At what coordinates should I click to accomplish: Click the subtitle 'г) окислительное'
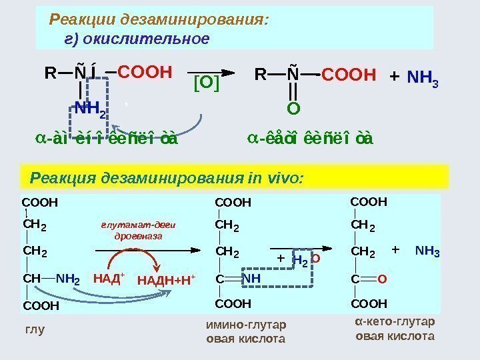click(x=136, y=39)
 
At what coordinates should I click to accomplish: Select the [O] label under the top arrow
click(x=206, y=85)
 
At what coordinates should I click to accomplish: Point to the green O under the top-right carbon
click(x=293, y=107)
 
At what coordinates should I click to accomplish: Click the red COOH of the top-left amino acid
click(x=145, y=71)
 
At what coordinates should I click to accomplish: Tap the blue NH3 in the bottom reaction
click(x=427, y=251)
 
